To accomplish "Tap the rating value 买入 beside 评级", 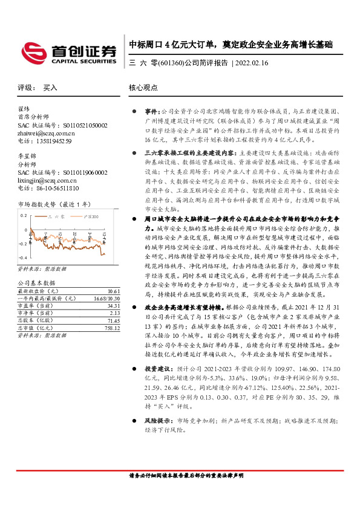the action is [50, 87].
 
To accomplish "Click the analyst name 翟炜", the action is [24, 109].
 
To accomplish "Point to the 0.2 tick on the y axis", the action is [24, 215].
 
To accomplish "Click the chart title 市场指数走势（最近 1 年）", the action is [55, 206].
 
